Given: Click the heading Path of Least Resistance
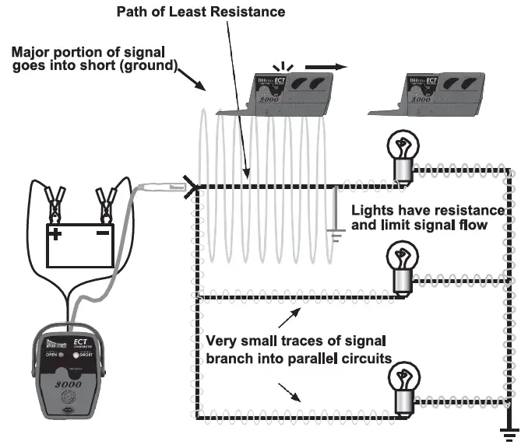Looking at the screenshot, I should click(x=201, y=12).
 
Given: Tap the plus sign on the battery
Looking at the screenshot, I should click(x=55, y=232).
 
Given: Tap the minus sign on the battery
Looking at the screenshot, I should click(x=103, y=232).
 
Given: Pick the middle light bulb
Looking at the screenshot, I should click(x=403, y=268).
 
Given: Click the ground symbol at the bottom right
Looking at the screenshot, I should click(x=511, y=431).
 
